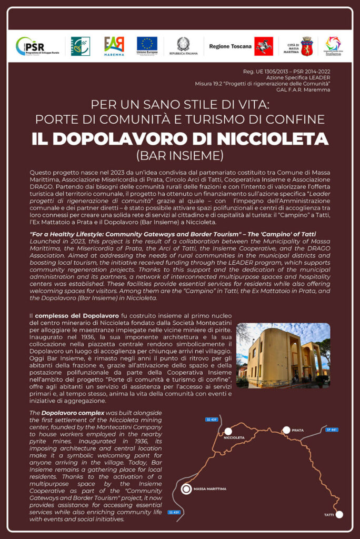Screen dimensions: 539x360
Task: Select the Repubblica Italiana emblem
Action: point(183,44)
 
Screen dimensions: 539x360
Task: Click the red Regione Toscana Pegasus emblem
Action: point(263,46)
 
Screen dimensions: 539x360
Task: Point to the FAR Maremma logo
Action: point(114,45)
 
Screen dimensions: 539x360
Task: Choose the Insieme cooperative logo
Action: point(333,46)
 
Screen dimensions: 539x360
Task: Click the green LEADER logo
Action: point(81,46)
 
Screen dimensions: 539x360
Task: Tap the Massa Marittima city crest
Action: point(306,46)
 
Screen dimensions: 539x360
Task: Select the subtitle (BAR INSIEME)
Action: point(180,155)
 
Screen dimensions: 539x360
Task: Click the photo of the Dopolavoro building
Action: point(283,355)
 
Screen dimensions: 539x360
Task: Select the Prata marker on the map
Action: point(286,430)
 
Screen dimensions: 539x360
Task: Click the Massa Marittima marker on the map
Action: point(186,489)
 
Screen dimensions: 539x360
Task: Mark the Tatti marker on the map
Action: point(339,514)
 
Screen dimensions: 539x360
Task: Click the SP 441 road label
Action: point(332,430)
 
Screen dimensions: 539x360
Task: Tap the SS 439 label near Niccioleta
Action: point(212,419)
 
